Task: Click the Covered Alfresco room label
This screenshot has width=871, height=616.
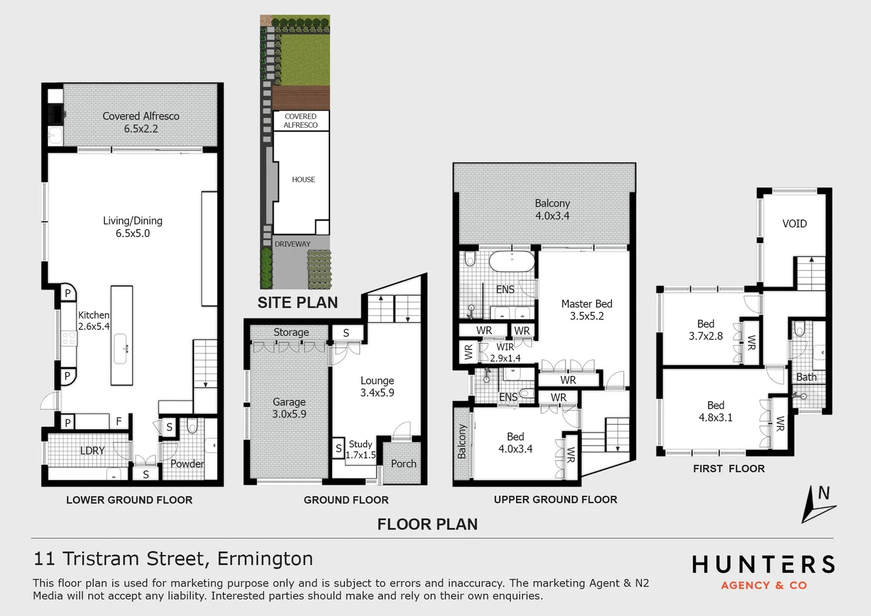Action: click(141, 122)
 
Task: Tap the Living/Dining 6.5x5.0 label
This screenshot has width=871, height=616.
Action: click(133, 226)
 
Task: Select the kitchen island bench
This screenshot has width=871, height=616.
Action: click(121, 335)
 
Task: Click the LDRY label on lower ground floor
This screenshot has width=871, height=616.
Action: click(92, 451)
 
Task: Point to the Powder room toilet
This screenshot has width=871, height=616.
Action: click(192, 426)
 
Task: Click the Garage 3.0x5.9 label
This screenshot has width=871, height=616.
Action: click(289, 408)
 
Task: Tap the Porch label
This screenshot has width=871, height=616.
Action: click(404, 464)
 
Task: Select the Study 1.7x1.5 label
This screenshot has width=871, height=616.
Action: click(361, 449)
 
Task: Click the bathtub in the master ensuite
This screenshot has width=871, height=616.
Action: click(512, 261)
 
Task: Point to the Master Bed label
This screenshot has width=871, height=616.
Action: click(587, 310)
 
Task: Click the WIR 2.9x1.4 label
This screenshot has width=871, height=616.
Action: click(505, 352)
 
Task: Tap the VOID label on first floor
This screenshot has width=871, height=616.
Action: click(795, 224)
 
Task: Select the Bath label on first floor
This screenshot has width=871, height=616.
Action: click(806, 377)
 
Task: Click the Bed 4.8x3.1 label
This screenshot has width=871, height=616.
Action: click(715, 411)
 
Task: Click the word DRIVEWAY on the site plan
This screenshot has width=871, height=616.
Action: click(292, 244)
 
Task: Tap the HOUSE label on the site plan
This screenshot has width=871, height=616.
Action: click(303, 180)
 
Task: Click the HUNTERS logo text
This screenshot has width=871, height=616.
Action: click(763, 565)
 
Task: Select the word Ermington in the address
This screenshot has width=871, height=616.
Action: click(265, 558)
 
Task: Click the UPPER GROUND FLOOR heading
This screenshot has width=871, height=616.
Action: click(555, 500)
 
